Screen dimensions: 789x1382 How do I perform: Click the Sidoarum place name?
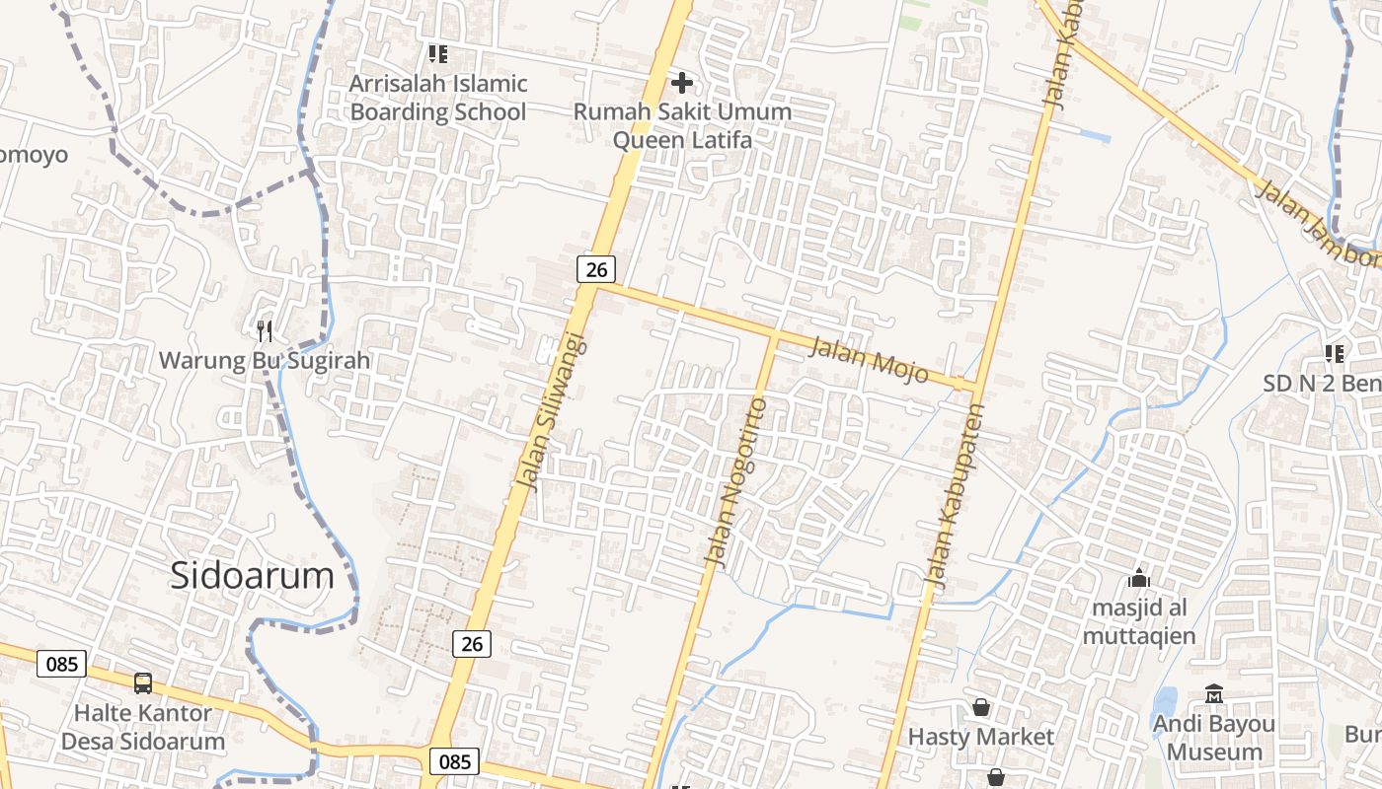click(x=252, y=575)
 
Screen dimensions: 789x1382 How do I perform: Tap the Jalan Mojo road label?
click(x=870, y=358)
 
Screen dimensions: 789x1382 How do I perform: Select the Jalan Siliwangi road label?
click(x=550, y=412)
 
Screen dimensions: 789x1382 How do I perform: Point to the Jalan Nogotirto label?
click(x=735, y=482)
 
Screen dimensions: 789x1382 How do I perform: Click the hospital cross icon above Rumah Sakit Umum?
click(x=681, y=83)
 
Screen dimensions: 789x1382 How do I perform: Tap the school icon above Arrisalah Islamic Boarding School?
click(x=437, y=53)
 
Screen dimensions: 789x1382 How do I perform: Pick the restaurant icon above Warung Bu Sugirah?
click(x=264, y=330)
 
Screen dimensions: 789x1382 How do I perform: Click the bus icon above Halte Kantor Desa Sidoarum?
click(x=143, y=682)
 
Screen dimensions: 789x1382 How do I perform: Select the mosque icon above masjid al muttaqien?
click(x=1139, y=578)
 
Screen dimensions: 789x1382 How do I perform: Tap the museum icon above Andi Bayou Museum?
click(x=1214, y=694)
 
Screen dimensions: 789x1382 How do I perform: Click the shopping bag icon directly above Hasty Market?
click(x=981, y=707)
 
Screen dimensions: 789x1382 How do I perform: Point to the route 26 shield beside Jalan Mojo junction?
click(x=596, y=268)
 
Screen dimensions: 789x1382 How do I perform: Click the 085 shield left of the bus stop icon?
click(x=61, y=664)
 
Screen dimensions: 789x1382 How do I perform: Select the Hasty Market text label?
click(x=981, y=737)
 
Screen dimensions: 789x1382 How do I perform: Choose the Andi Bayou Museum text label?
click(x=1214, y=738)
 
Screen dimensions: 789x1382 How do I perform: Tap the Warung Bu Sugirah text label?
click(x=265, y=360)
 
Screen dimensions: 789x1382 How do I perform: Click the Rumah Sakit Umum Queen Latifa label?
click(x=682, y=125)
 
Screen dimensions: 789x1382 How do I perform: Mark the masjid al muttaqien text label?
click(x=1139, y=621)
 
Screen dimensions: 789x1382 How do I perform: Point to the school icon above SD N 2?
click(x=1335, y=353)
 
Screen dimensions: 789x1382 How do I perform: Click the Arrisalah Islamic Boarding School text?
click(x=438, y=98)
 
